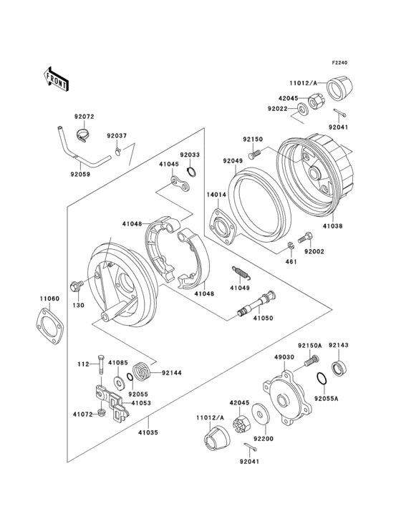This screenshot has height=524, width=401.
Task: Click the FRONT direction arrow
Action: (x=57, y=77)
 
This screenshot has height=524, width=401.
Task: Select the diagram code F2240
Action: (x=339, y=63)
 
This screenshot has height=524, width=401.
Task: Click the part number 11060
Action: (x=48, y=299)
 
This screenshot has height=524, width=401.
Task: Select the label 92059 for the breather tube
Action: (x=82, y=173)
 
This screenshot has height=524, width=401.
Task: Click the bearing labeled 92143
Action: (x=337, y=369)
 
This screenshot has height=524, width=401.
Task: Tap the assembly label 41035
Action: (x=148, y=432)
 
